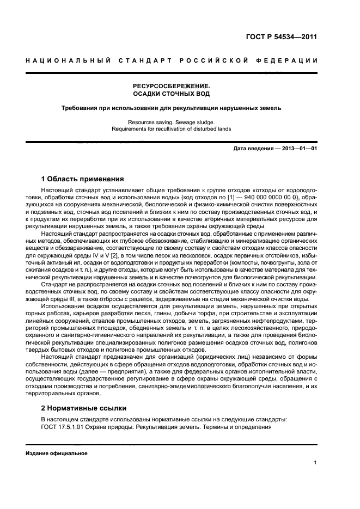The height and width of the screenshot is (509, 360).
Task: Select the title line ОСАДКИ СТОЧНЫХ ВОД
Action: tap(172, 94)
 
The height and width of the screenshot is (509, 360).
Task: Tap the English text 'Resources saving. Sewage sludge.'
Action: tap(172, 122)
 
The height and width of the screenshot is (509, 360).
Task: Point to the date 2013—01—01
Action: tap(297, 149)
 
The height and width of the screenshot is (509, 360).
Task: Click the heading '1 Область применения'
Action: tap(83, 179)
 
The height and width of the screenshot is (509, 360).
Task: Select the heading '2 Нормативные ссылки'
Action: tap(84, 407)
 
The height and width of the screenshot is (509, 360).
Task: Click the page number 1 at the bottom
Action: tap(315, 463)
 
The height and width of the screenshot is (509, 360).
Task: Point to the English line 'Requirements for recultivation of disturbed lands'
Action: tap(172, 129)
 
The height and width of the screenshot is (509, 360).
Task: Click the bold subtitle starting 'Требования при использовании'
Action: tap(172, 108)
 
